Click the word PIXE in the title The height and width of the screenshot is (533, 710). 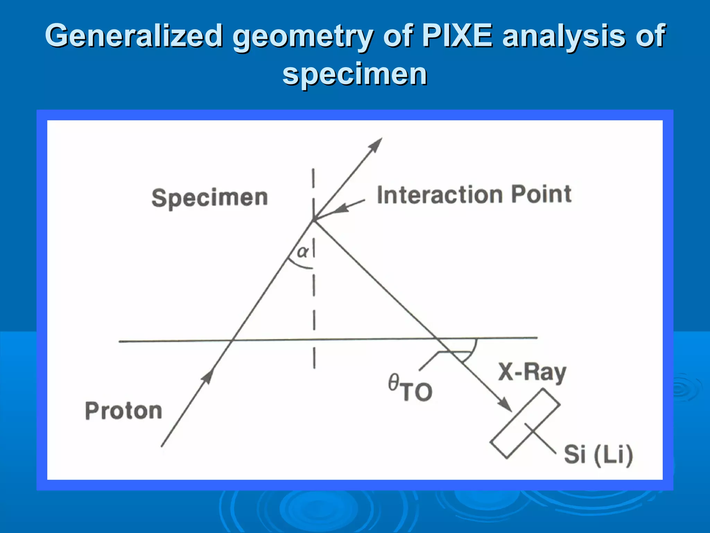click(x=457, y=35)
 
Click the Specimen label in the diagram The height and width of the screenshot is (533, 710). click(x=210, y=198)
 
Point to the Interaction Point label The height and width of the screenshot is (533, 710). click(x=474, y=194)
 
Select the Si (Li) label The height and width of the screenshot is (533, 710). click(x=598, y=454)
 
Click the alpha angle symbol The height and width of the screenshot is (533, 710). click(x=302, y=251)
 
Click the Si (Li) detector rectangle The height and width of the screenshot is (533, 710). click(x=525, y=423)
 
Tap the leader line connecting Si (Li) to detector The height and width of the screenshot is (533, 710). click(x=541, y=438)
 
